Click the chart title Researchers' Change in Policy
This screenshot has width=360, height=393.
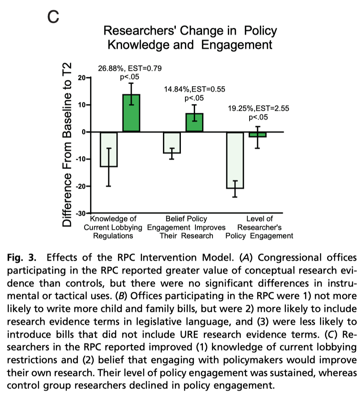[190, 31]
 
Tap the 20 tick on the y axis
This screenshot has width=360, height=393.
[81, 78]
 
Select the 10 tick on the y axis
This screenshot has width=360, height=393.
[81, 105]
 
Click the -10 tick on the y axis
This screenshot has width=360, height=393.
[79, 159]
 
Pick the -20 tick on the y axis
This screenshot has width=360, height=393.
[79, 186]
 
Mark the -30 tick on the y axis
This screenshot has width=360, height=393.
[79, 213]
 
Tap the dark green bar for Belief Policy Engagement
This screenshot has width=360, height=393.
[194, 122]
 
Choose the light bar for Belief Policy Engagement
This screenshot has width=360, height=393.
[172, 142]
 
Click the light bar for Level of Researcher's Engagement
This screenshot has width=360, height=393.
[235, 160]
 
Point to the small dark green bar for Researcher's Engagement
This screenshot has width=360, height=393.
[257, 134]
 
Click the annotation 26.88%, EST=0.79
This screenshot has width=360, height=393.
[130, 68]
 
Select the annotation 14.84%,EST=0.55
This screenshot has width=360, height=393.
[193, 89]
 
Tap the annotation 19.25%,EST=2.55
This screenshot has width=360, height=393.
[258, 109]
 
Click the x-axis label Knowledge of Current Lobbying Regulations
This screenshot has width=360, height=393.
[113, 227]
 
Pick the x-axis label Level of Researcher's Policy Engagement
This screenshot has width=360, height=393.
[259, 227]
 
